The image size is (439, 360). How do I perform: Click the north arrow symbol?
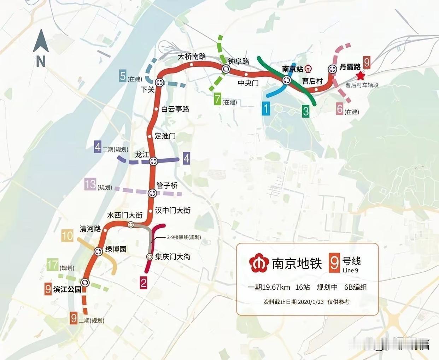(41, 42)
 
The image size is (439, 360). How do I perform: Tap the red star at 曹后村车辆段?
(360, 76)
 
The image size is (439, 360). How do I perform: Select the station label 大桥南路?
(192, 57)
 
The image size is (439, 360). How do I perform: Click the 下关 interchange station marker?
(159, 82)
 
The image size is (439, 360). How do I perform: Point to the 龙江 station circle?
(153, 161)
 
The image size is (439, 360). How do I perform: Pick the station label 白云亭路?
(175, 109)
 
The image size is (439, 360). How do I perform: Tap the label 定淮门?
(165, 136)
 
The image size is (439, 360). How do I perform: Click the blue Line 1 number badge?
(266, 108)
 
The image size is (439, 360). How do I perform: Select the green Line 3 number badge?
(306, 111)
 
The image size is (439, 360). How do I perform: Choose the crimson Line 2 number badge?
(143, 283)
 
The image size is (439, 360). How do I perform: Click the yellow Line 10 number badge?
(68, 236)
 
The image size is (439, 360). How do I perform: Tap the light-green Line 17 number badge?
(52, 265)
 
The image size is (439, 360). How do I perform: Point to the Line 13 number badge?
(90, 184)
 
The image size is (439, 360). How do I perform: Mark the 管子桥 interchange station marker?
(152, 193)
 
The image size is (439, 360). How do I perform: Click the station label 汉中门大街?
(172, 210)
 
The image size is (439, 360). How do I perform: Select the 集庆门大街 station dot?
(149, 256)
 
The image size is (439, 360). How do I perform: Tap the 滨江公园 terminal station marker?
(85, 282)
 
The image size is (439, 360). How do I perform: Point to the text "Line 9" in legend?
(350, 270)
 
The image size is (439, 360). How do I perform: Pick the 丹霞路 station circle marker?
(332, 69)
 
